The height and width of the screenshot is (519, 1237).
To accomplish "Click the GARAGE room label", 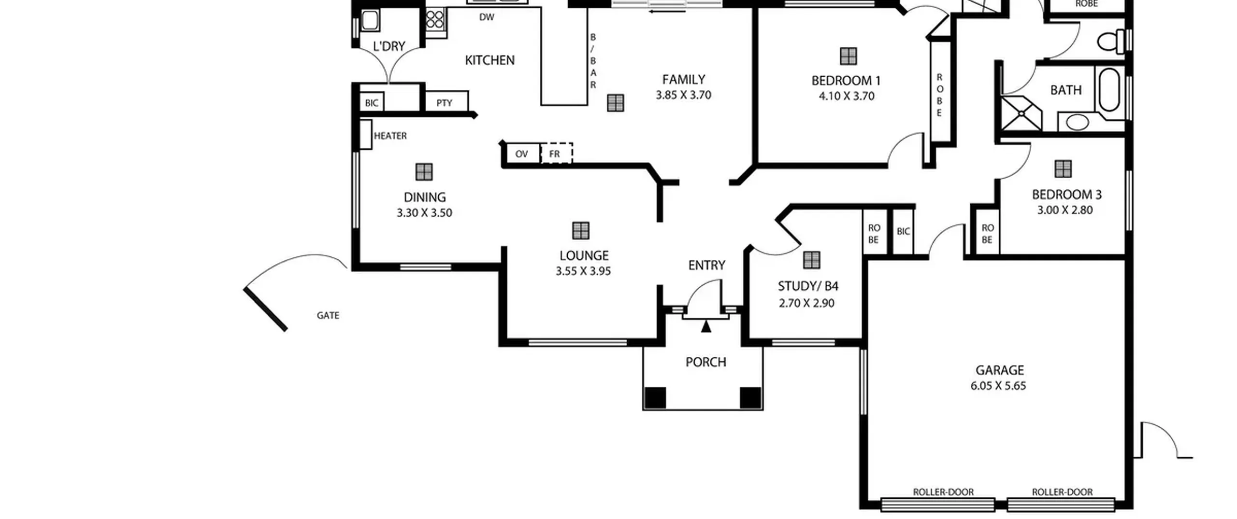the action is click(x=999, y=370).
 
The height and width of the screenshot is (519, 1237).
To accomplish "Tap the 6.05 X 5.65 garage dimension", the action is click(x=998, y=386).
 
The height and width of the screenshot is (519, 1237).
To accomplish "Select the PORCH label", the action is click(x=705, y=362).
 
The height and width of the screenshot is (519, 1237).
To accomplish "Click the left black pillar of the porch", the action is click(x=655, y=398).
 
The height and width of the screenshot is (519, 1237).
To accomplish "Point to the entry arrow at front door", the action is click(x=706, y=326).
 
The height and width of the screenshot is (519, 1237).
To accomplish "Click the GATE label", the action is click(x=328, y=316).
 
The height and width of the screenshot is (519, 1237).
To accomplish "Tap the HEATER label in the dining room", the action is click(x=390, y=136).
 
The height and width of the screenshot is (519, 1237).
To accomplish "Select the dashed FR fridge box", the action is click(x=556, y=153).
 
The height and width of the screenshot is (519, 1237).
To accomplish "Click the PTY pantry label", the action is click(x=444, y=103).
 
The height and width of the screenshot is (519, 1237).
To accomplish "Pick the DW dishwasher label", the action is click(x=487, y=17).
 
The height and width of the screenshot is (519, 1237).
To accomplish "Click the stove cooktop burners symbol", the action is click(x=435, y=20).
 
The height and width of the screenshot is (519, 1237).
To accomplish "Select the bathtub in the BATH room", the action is click(x=1109, y=90).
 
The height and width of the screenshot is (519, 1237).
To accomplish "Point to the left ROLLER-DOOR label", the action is click(x=943, y=492).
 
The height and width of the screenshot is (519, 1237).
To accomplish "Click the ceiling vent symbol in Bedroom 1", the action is click(x=849, y=56).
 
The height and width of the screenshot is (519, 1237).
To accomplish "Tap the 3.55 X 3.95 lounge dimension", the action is click(x=583, y=271).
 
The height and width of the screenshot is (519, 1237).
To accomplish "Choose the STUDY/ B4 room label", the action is click(x=808, y=286).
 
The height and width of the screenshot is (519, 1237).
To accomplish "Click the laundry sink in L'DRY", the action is click(x=370, y=21).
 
